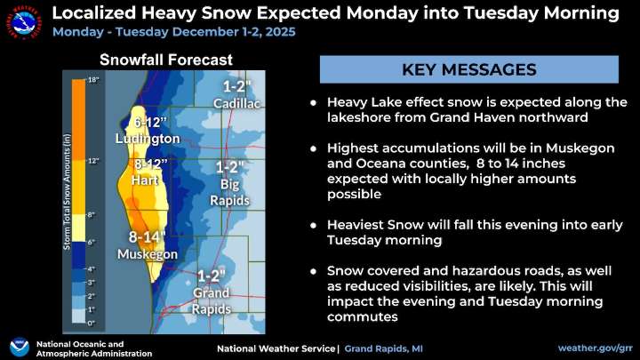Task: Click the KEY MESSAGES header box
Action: point(468,68)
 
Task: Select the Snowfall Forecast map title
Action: point(166,60)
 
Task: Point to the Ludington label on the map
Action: point(148,139)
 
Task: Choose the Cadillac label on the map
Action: point(237,104)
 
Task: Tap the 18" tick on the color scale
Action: point(92,80)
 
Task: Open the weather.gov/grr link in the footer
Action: point(594,347)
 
